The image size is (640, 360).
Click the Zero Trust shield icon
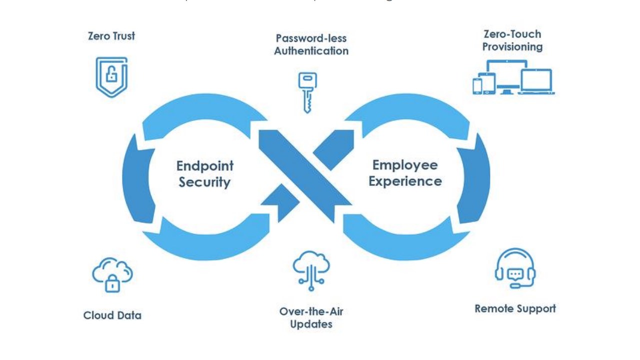point(111,76)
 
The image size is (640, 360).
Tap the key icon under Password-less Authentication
point(307,92)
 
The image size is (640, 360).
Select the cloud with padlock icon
point(112,274)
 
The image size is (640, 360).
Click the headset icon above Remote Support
point(515,268)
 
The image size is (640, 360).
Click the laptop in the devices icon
point(536,81)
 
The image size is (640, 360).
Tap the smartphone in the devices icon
point(477,85)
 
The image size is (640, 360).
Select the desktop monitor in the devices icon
point(507,75)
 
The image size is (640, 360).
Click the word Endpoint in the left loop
point(205,166)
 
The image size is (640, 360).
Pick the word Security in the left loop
point(205,182)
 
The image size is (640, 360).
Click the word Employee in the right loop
point(405,165)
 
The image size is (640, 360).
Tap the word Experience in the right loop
point(405,181)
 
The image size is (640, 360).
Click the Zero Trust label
point(111,36)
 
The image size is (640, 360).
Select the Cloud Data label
point(112,315)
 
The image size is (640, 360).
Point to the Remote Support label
point(515,308)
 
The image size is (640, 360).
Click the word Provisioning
point(512,47)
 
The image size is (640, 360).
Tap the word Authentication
point(311,51)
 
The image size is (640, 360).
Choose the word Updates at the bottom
point(311,324)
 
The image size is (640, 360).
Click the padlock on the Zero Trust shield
point(111,75)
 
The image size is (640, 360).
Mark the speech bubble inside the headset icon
point(515,273)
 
